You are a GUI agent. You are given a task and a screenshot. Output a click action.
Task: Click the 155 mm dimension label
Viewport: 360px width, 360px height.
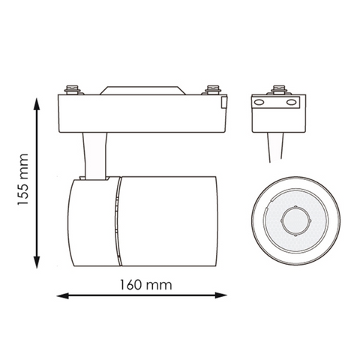point(22,179)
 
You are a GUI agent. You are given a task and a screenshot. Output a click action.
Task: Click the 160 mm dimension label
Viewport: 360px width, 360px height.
point(146,285)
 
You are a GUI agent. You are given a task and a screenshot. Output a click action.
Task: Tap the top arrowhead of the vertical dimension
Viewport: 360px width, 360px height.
point(37,103)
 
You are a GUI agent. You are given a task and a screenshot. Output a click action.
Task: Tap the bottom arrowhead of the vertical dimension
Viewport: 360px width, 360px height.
point(37,262)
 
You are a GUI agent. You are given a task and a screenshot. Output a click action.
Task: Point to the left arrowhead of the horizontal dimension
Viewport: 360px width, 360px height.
point(63,296)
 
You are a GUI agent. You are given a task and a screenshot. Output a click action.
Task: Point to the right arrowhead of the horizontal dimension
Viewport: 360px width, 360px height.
point(220,295)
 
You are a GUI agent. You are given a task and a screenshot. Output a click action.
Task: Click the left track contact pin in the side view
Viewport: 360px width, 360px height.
point(72,90)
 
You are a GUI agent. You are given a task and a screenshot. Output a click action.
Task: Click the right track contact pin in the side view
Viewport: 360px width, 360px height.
point(213,90)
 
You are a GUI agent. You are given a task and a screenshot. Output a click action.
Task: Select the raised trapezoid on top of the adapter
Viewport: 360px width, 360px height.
point(142,91)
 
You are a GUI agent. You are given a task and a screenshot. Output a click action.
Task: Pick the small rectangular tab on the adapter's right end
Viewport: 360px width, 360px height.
point(224,102)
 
